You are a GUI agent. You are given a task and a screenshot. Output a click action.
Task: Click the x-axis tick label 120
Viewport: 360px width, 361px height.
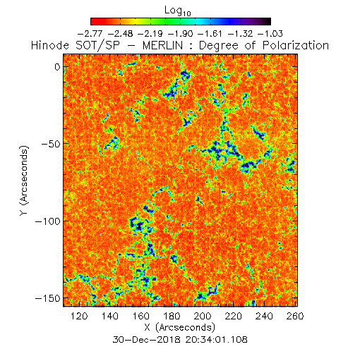pos(79,316)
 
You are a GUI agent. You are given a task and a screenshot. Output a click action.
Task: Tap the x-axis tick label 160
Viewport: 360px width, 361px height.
pos(140,316)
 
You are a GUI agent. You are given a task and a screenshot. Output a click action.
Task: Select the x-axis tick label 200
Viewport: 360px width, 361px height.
pos(203,316)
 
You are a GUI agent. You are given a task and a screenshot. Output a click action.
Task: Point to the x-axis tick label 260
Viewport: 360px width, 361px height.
pos(295,316)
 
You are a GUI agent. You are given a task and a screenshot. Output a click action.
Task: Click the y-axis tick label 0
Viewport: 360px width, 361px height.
pos(57,67)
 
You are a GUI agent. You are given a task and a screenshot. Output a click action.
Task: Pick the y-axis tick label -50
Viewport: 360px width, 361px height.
pos(51,144)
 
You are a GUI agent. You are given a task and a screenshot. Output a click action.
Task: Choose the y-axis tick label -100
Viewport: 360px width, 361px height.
pos(48,221)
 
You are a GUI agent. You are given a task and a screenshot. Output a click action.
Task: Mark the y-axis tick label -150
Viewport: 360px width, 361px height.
pos(48,298)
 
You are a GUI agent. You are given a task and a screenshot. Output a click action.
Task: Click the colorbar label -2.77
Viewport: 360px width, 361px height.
pos(90,34)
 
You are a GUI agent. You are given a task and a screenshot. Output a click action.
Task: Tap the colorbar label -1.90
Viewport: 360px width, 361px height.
pos(180,34)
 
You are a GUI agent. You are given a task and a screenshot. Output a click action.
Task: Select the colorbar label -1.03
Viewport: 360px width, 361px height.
pos(270,34)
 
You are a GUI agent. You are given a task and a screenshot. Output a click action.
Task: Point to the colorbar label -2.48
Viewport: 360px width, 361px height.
pos(120,34)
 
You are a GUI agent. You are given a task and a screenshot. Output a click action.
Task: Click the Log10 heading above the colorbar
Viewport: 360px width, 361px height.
pos(178,11)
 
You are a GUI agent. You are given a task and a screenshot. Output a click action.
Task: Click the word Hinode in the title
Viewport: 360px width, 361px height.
pos(50,45)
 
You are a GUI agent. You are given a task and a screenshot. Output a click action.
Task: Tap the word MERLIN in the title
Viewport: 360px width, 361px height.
pos(162,45)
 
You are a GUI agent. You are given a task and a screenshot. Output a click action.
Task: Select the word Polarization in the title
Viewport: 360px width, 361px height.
pos(296,45)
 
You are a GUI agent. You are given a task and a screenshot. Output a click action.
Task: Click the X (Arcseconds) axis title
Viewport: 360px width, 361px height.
pos(180,327)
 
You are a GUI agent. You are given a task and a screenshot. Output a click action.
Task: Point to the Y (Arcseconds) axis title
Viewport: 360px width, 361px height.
pos(24,180)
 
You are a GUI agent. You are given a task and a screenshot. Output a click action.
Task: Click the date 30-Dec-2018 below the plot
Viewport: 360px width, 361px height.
pos(147,340)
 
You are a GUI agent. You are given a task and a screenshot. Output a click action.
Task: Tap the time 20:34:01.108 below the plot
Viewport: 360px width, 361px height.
pos(217,340)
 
